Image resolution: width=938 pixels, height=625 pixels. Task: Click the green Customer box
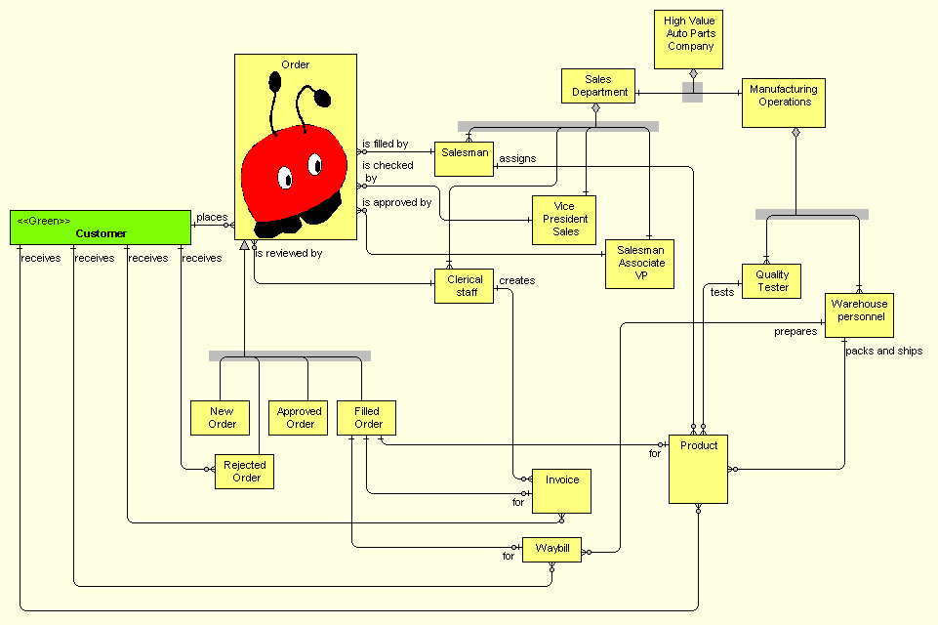click(100, 228)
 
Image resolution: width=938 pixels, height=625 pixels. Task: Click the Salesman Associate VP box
click(640, 264)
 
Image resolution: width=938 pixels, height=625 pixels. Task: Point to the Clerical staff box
click(464, 286)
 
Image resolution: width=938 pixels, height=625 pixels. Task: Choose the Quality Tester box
click(771, 281)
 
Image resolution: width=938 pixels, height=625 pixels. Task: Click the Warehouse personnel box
click(858, 315)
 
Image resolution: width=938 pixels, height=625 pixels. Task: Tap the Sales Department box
click(598, 86)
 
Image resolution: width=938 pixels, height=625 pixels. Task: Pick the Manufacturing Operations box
click(783, 103)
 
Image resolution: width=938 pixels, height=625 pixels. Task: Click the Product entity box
click(698, 469)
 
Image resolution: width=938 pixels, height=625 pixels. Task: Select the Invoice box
click(561, 491)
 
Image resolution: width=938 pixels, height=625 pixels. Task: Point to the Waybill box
click(551, 550)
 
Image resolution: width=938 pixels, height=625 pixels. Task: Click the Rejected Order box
click(244, 472)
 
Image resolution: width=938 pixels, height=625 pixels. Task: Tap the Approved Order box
click(299, 418)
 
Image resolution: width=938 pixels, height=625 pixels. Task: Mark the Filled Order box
click(367, 418)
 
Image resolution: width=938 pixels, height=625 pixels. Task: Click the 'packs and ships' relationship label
click(883, 351)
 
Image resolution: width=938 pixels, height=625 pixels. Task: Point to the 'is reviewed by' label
click(289, 254)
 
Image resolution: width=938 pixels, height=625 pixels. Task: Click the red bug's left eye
click(285, 178)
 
